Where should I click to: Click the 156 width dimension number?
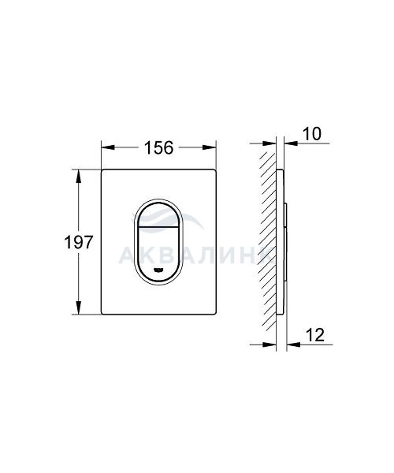[159, 147]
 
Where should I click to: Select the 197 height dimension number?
[79, 242]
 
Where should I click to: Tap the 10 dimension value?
[312, 134]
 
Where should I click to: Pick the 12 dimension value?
[315, 335]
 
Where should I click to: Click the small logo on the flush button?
[158, 270]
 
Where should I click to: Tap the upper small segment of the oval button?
[158, 214]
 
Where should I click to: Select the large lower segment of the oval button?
[158, 253]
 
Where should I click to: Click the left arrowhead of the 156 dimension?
[108, 147]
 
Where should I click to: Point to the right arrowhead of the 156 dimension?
[209, 147]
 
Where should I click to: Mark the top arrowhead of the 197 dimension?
[79, 176]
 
